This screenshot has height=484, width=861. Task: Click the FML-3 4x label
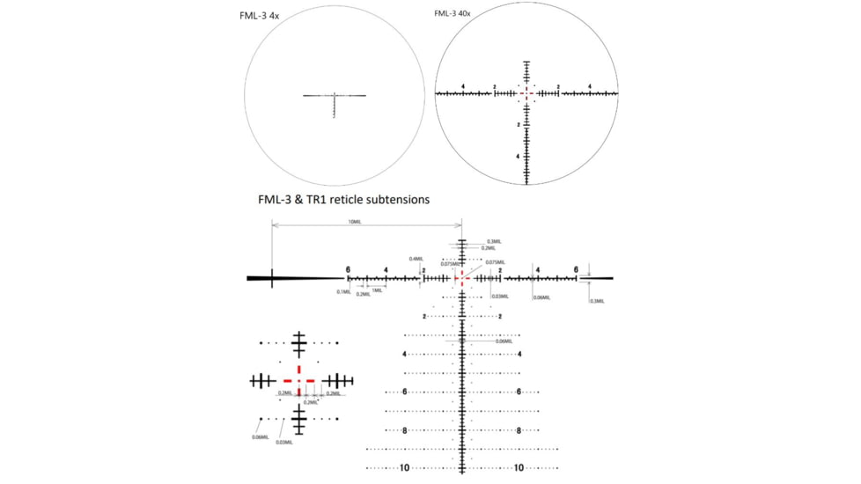pos(260,17)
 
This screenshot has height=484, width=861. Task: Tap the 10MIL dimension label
pos(355,223)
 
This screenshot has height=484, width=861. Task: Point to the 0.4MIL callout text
pos(416,259)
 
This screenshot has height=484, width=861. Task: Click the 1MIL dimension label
pos(377,290)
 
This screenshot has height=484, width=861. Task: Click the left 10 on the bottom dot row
pos(405,468)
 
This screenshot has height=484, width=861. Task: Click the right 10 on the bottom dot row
pos(519,468)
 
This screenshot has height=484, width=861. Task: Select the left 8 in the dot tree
pos(405,430)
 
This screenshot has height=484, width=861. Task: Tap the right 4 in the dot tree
pos(519,354)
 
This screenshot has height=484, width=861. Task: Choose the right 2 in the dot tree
pos(500,317)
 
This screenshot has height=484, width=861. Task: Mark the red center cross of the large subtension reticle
pos(461,278)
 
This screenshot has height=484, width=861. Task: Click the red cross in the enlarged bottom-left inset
pos(299,381)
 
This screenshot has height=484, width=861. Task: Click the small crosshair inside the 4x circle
pos(335,97)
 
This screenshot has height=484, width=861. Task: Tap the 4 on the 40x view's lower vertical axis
pos(519,156)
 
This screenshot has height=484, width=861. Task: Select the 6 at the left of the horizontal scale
pos(348,269)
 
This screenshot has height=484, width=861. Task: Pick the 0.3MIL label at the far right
pos(597,301)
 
